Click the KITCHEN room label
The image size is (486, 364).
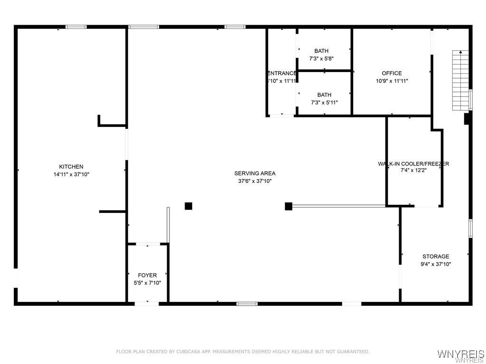click(71, 166)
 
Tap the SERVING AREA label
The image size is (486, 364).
click(255, 173)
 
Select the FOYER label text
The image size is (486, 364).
click(147, 275)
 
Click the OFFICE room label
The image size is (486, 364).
click(392, 73)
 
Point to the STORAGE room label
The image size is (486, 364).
click(436, 256)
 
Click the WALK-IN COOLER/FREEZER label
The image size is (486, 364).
click(413, 164)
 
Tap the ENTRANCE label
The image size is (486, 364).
click(282, 73)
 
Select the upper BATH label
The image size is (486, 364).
click(321, 51)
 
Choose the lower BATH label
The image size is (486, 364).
click(324, 95)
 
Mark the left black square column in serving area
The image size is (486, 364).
click(188, 206)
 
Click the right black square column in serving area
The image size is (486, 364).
click(289, 206)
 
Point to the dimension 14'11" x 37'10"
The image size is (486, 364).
click(71, 174)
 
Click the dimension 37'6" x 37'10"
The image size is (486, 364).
click(255, 181)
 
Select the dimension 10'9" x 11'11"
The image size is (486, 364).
click(392, 81)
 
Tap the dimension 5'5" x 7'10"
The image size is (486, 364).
click(147, 283)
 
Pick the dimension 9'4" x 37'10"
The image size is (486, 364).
click(436, 264)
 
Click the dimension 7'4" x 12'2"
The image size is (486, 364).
click(413, 171)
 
